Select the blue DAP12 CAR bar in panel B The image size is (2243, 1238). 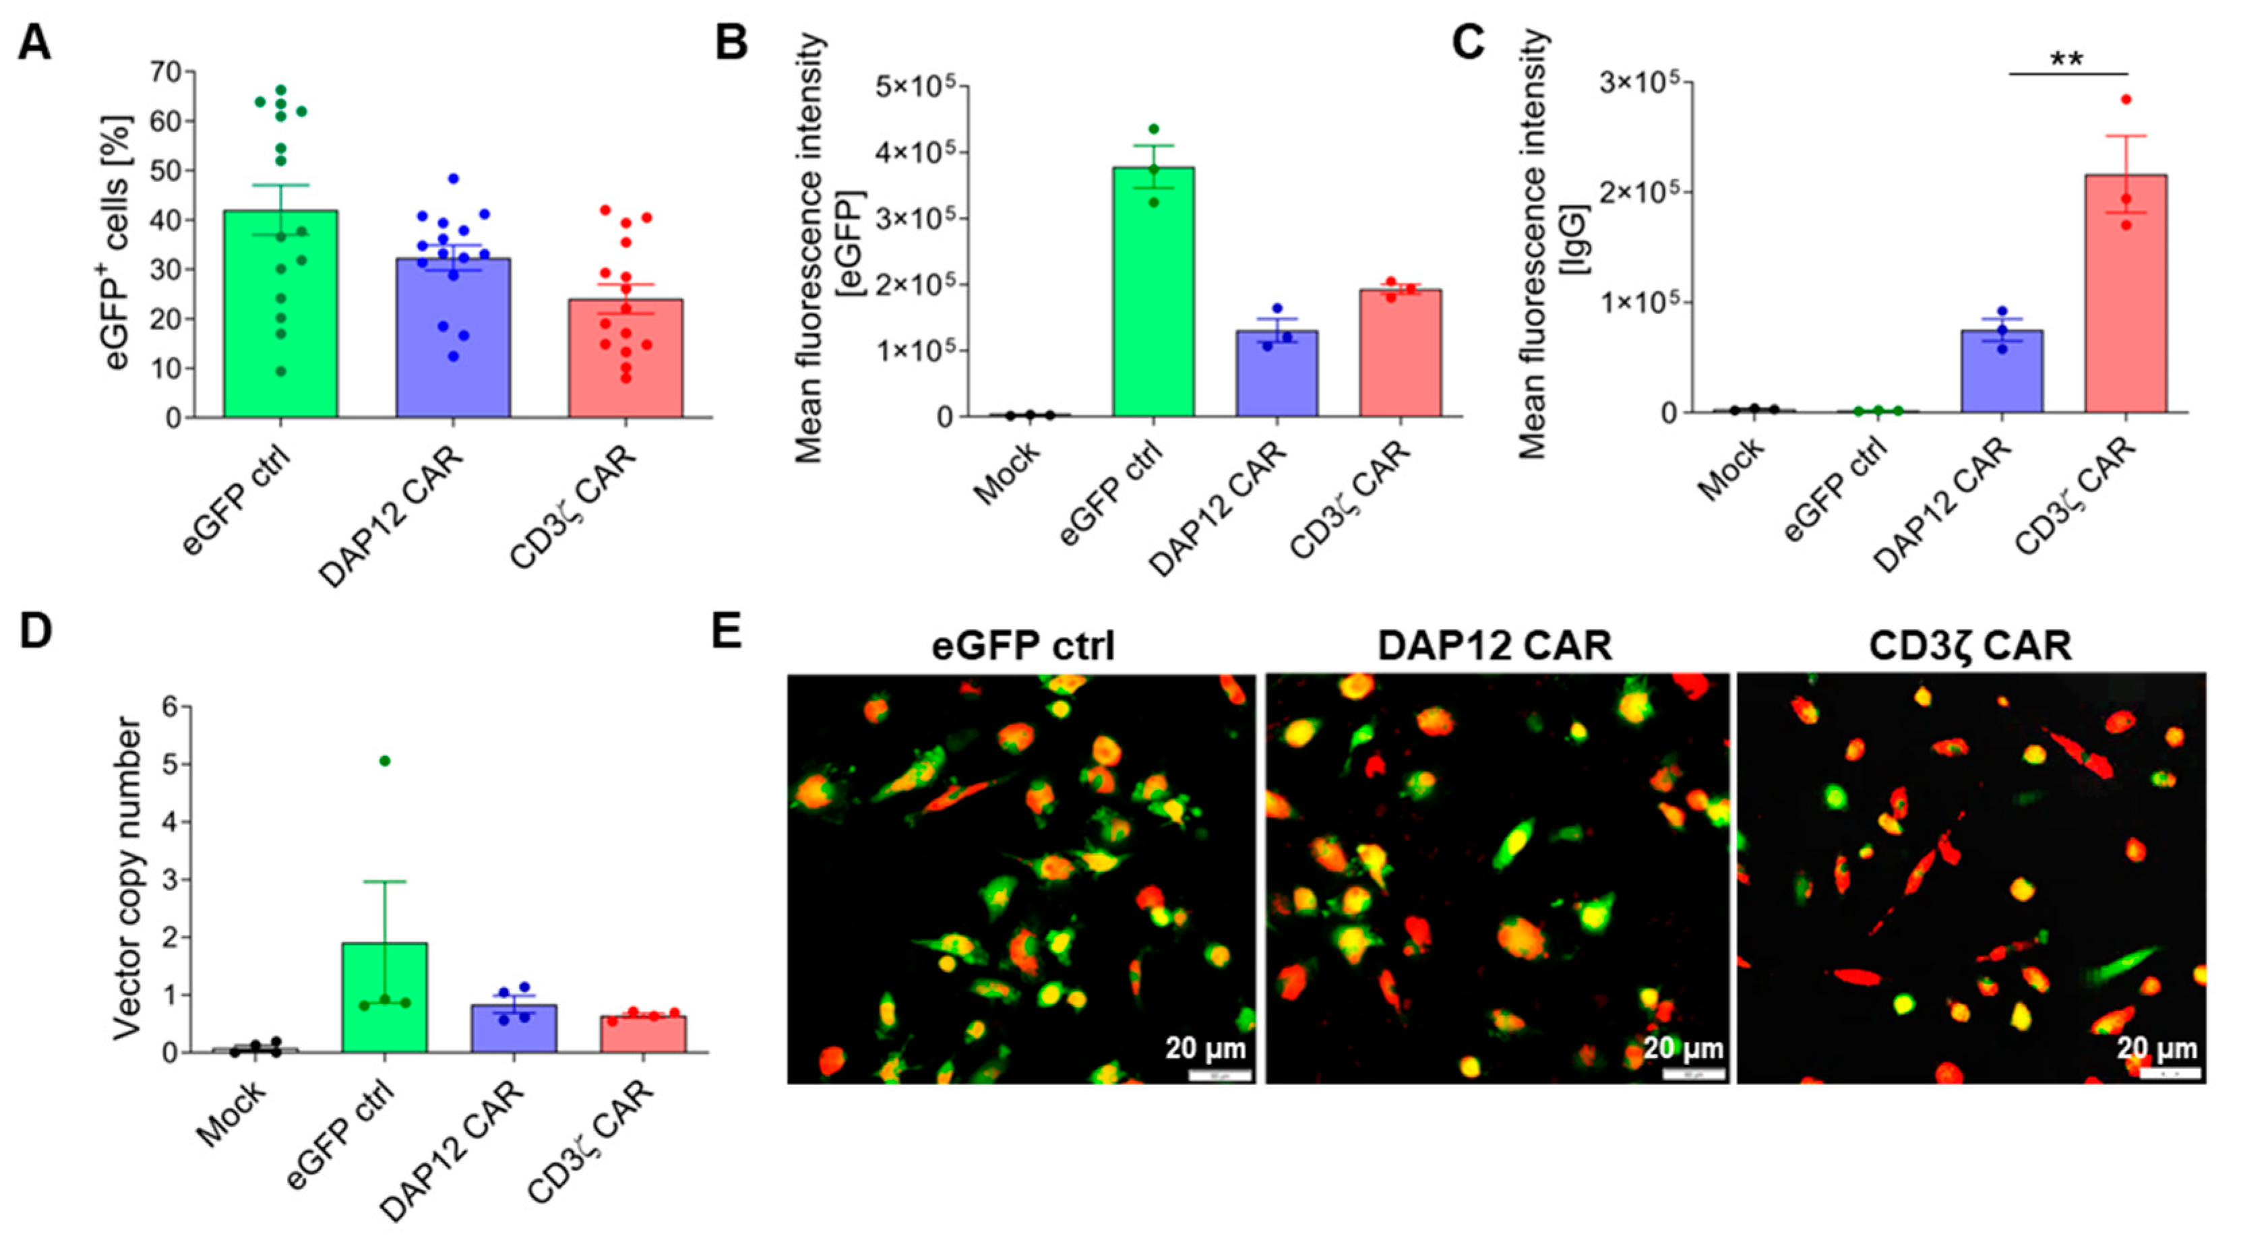pyautogui.click(x=1277, y=374)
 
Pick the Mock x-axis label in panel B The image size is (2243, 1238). pyautogui.click(x=1008, y=472)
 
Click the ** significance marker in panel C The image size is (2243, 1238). pyautogui.click(x=2067, y=60)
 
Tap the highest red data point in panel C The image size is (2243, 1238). pyautogui.click(x=2126, y=99)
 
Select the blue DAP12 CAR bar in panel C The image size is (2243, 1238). pyautogui.click(x=2002, y=371)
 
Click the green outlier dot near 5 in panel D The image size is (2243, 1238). pyautogui.click(x=385, y=761)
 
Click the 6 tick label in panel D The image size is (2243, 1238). pyautogui.click(x=170, y=707)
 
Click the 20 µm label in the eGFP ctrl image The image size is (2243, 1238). pyautogui.click(x=1205, y=1048)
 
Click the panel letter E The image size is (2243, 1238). pyautogui.click(x=727, y=630)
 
